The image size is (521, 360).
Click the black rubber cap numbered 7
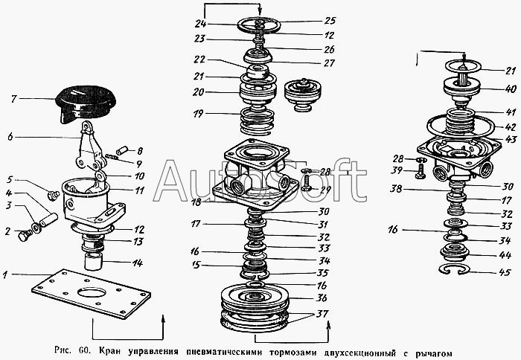click(86, 103)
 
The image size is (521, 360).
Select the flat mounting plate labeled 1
click(91, 293)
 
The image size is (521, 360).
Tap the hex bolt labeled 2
click(25, 236)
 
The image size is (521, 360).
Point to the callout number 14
click(137, 263)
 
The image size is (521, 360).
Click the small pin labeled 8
click(122, 151)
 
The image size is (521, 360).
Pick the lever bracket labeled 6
click(89, 146)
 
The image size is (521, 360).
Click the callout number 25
click(330, 21)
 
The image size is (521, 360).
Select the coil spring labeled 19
click(258, 121)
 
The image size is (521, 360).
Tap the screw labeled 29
click(307, 183)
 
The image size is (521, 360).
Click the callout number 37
click(322, 313)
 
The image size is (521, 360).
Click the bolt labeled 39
click(421, 173)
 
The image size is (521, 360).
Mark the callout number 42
click(511, 127)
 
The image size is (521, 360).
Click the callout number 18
click(197, 202)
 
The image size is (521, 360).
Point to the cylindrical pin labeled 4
click(49, 219)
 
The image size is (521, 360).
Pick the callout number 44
click(505, 255)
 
